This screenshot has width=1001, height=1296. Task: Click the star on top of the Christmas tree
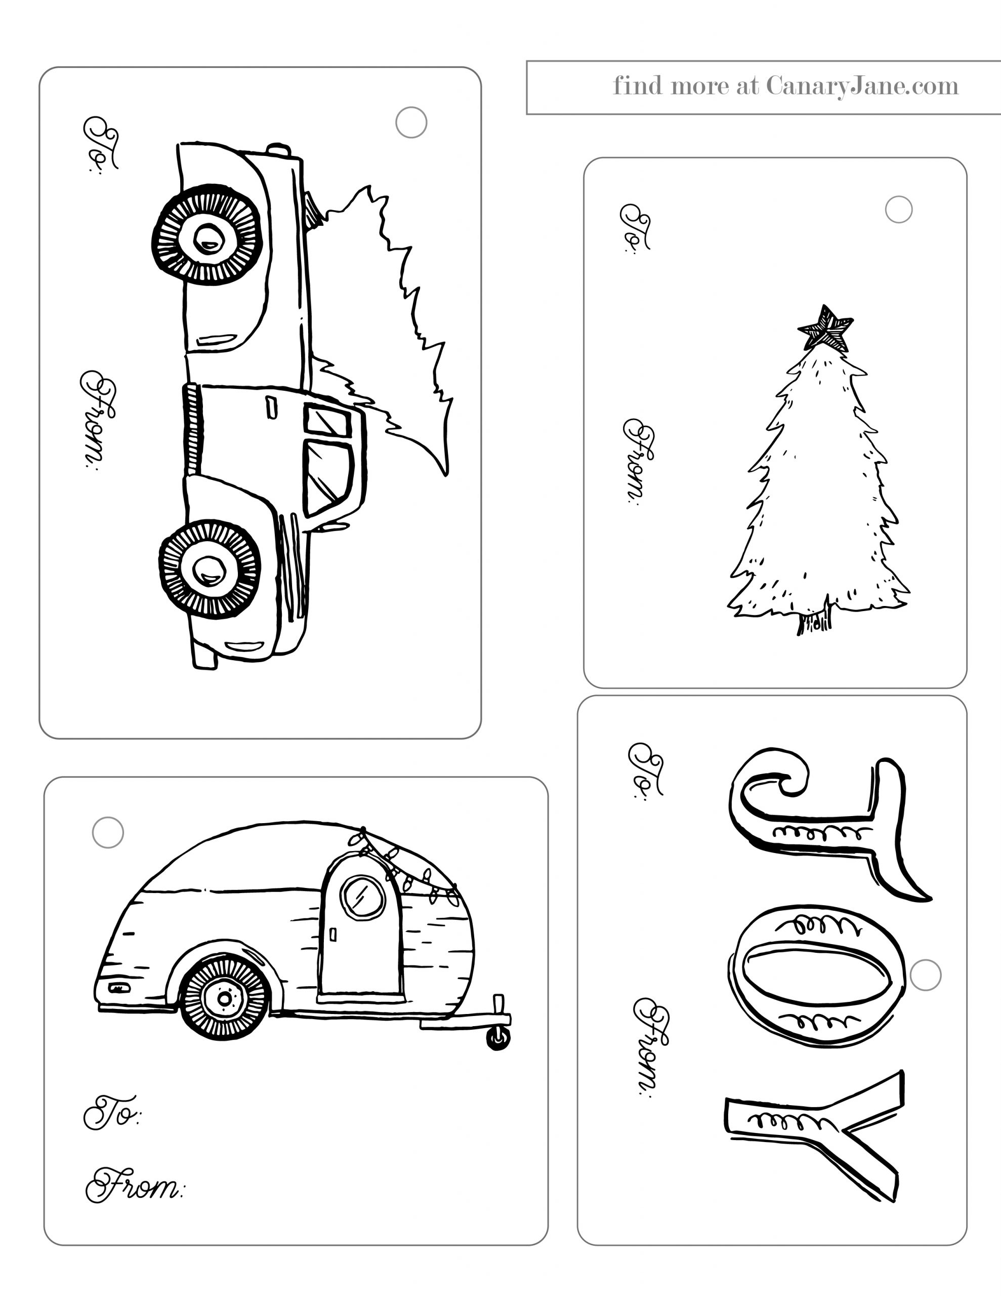pyautogui.click(x=825, y=328)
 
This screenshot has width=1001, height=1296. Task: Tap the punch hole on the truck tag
pyautogui.click(x=411, y=122)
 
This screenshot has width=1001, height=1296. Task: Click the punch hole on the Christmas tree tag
pyautogui.click(x=898, y=210)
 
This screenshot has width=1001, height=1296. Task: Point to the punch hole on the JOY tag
pyautogui.click(x=925, y=975)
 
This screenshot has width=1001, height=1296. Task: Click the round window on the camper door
pyautogui.click(x=362, y=897)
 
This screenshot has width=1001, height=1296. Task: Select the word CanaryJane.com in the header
pyautogui.click(x=862, y=87)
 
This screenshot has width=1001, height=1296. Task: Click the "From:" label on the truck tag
pyautogui.click(x=98, y=420)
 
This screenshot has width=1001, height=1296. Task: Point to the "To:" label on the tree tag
pyautogui.click(x=635, y=228)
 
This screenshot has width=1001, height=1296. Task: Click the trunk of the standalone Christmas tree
pyautogui.click(x=814, y=620)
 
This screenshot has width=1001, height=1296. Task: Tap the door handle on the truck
pyautogui.click(x=271, y=408)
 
